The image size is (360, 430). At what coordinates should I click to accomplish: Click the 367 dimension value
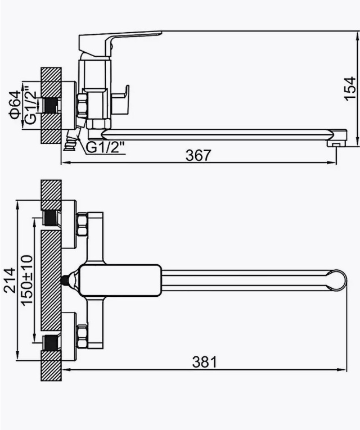click(x=199, y=155)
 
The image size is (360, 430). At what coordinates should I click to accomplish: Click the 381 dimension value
click(x=205, y=362)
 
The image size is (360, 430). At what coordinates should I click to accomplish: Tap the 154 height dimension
click(x=350, y=89)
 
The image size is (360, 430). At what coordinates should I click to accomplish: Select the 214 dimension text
click(x=10, y=280)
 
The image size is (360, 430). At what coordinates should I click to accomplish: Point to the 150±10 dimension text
click(x=27, y=280)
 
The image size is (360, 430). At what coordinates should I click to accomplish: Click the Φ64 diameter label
click(x=15, y=105)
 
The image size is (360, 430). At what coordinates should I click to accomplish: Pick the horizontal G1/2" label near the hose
click(x=106, y=147)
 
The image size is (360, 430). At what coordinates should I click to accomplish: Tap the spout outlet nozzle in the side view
click(x=334, y=143)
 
